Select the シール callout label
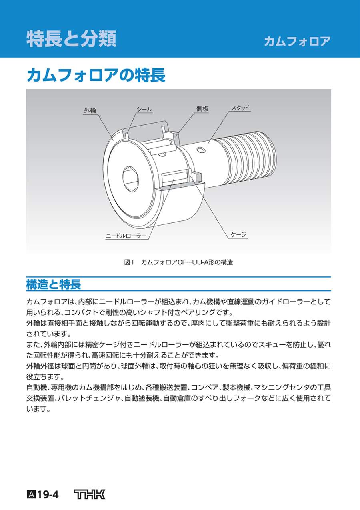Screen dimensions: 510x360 click(x=144, y=109)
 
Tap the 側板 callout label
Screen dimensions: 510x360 click(x=202, y=109)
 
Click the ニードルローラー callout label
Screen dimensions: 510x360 click(x=126, y=236)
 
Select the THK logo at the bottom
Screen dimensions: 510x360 click(x=90, y=494)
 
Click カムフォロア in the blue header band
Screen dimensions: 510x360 click(x=297, y=41)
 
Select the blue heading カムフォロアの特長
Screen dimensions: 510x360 click(x=96, y=75)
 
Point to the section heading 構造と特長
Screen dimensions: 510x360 click(x=53, y=284)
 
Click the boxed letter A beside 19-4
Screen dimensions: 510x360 click(x=31, y=495)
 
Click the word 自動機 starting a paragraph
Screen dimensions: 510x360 click(x=36, y=387)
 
